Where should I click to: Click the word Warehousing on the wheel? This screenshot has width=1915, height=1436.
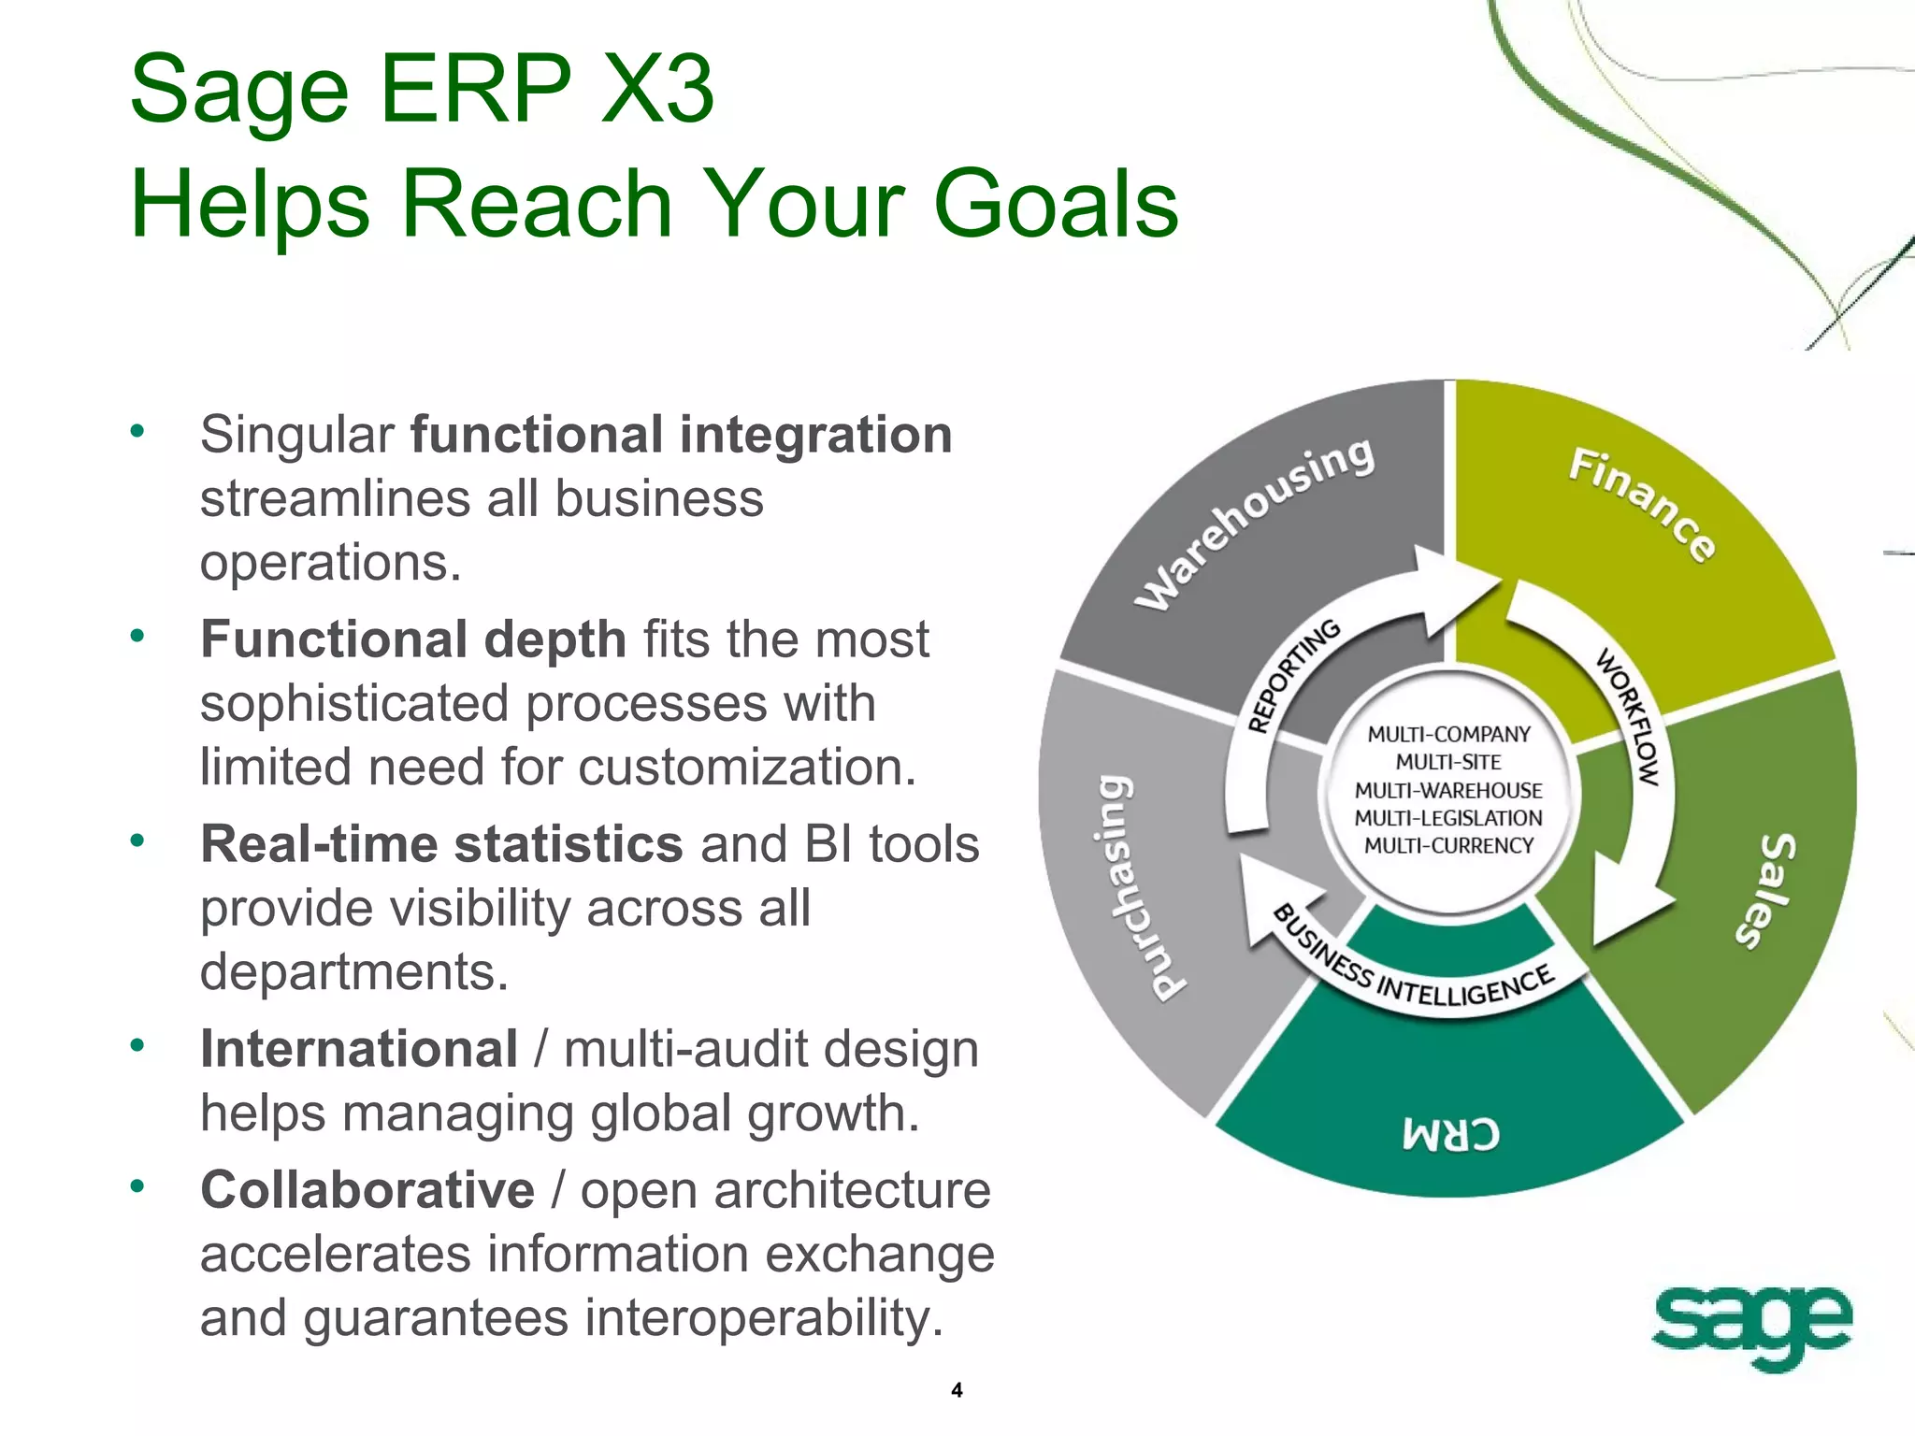[x=1255, y=524]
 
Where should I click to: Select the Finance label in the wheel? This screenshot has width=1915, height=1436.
[x=1642, y=504]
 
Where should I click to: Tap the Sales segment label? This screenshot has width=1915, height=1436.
[x=1765, y=890]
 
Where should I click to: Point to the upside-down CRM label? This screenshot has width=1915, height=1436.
[x=1450, y=1134]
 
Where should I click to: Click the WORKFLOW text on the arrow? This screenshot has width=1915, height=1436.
[x=1629, y=716]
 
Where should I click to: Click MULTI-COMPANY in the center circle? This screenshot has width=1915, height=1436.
[x=1448, y=735]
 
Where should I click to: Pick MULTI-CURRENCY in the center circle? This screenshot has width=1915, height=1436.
[x=1448, y=846]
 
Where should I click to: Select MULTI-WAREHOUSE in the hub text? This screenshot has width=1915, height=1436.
[x=1448, y=791]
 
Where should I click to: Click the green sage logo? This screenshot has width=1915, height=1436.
[x=1749, y=1325]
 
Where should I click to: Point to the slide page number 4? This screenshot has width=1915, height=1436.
[x=957, y=1390]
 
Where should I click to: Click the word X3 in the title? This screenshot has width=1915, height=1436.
[x=656, y=90]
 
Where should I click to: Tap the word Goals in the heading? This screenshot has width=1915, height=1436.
[x=1056, y=204]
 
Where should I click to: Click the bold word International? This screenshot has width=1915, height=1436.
[x=359, y=1049]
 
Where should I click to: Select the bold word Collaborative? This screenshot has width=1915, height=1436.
[x=367, y=1190]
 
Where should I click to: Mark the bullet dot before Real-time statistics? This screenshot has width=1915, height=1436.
[x=137, y=840]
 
